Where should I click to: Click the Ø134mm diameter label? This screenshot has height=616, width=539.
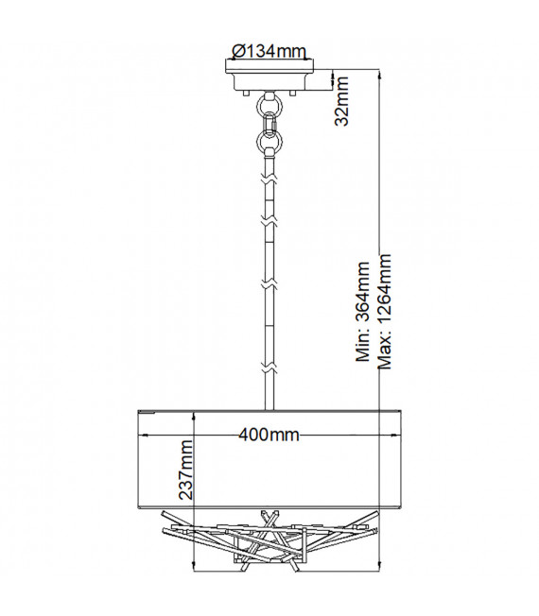pos(269,51)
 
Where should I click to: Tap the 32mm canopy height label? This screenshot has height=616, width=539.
pos(341,101)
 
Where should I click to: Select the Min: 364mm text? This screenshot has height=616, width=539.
pos(362,312)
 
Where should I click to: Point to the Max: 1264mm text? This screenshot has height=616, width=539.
pos(384,312)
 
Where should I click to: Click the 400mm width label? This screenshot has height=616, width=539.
pos(269,435)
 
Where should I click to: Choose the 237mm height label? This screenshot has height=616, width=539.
pos(186,470)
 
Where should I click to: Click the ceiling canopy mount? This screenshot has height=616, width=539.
pos(269,76)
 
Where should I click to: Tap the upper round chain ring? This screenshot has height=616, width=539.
pos(269,105)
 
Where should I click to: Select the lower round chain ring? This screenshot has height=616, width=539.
pos(269,140)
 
